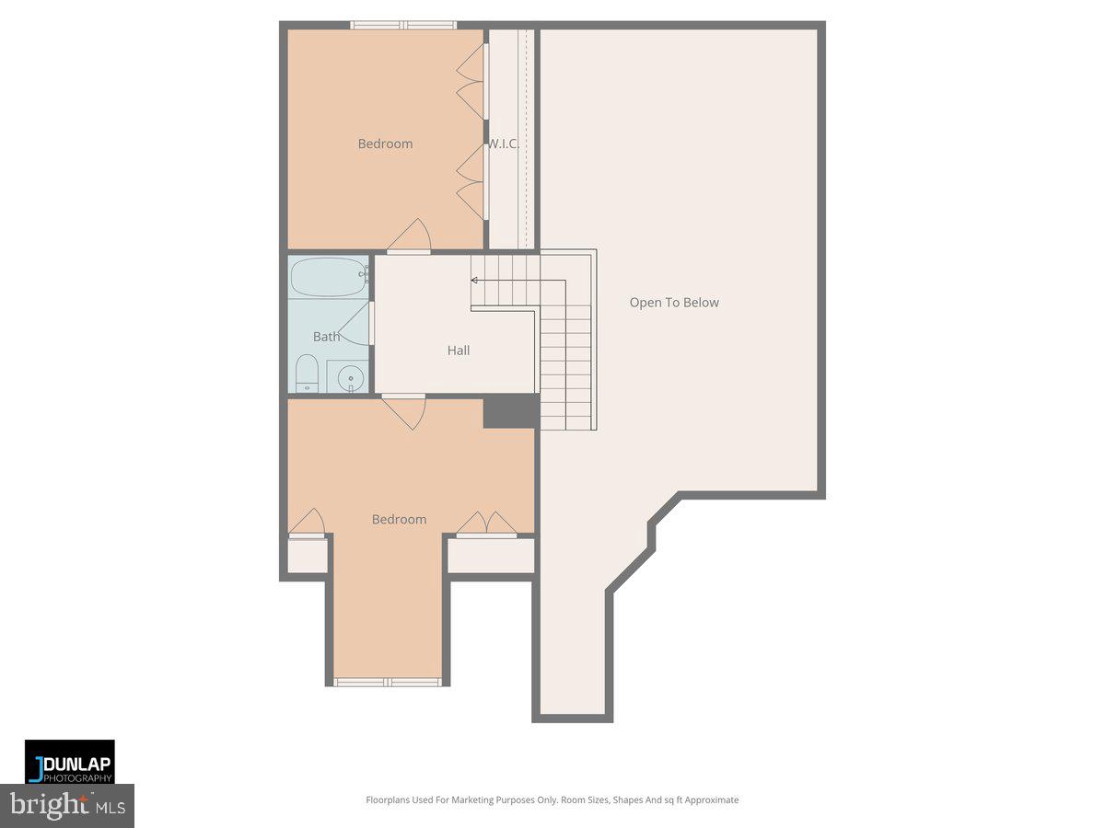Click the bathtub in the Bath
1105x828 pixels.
(x=329, y=277)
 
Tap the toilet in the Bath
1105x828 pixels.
(x=306, y=375)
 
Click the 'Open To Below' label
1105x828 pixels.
(x=674, y=303)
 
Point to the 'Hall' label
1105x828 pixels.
(x=459, y=351)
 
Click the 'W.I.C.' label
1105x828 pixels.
(x=504, y=144)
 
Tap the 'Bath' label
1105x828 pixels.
(x=326, y=337)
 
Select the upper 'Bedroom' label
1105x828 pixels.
(x=385, y=144)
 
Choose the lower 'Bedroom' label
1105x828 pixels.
(x=399, y=520)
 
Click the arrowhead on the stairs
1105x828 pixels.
(x=474, y=280)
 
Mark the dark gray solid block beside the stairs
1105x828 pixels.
(x=510, y=411)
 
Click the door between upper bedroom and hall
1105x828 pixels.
(x=410, y=237)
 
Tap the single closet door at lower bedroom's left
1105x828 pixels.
(x=308, y=523)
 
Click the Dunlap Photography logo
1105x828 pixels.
(x=69, y=762)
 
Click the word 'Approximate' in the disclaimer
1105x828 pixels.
(x=708, y=800)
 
